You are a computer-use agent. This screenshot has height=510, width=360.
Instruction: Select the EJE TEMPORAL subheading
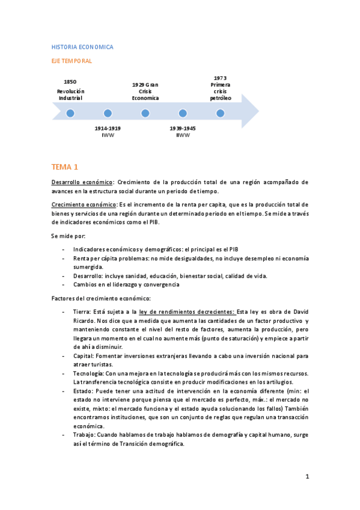point(72,61)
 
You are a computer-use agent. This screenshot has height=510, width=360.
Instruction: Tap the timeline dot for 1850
point(70,113)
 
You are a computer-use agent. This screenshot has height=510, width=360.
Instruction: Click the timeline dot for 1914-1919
point(108,113)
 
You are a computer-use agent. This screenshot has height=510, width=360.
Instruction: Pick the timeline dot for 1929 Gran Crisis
point(145,113)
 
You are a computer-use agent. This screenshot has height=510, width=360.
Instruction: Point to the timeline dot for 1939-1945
point(183,113)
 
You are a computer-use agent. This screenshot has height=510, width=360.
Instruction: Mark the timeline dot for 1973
point(220,113)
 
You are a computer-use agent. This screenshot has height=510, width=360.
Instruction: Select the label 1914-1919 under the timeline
point(108,128)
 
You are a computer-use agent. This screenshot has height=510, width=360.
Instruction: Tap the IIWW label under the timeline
point(183,135)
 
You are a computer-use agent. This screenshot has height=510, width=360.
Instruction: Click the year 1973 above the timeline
point(220,78)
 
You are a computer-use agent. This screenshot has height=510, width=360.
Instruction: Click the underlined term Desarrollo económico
point(82,182)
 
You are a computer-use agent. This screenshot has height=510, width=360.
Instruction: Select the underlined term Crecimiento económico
point(84,205)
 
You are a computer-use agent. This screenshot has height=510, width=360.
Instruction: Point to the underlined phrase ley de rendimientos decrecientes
point(187,312)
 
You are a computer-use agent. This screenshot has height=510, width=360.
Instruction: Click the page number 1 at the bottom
point(307,477)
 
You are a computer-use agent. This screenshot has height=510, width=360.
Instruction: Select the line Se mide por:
point(68,236)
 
